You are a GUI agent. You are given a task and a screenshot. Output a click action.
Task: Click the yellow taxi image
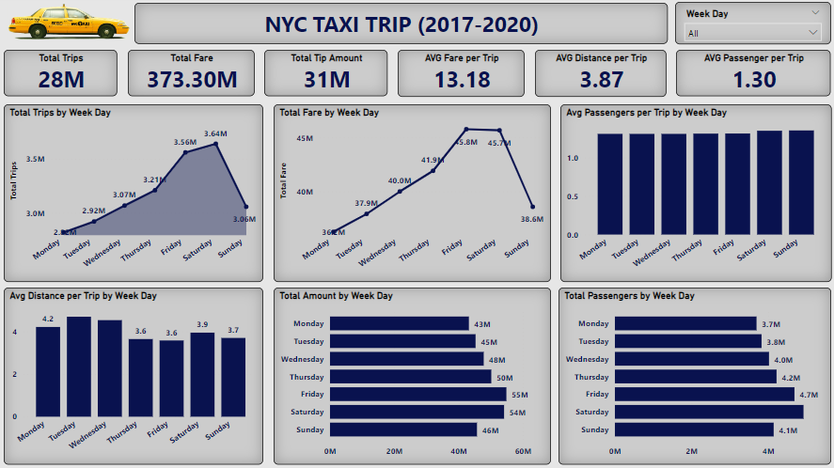[x=67, y=22]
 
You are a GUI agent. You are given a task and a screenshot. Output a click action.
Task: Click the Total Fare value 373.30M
[x=192, y=79]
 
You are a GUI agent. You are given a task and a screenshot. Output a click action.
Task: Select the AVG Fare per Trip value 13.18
[x=462, y=79]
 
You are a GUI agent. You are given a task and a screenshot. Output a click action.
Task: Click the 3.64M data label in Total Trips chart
[x=215, y=133]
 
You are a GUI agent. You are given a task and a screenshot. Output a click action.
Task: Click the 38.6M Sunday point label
[x=531, y=218]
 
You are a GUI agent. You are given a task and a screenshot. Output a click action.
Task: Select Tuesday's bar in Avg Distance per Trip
[x=79, y=367]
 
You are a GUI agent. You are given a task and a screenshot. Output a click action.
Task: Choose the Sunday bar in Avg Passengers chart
[x=801, y=182]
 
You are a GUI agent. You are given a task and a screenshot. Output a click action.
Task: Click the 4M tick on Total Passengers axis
[x=768, y=451]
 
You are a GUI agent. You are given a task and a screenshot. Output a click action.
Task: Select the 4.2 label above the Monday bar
[x=48, y=319]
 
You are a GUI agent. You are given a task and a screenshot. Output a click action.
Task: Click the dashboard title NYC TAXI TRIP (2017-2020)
[x=401, y=23]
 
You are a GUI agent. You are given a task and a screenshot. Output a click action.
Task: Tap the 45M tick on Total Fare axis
[x=305, y=139]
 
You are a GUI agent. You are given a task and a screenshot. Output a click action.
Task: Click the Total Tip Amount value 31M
[x=326, y=79]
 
